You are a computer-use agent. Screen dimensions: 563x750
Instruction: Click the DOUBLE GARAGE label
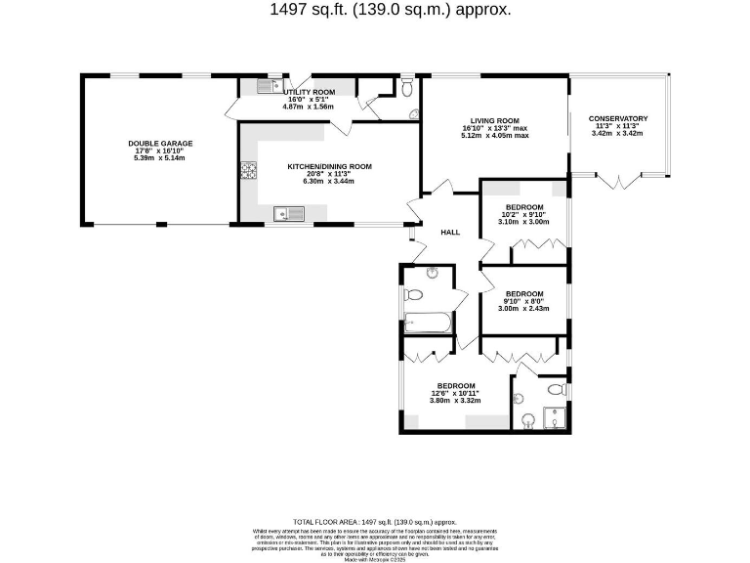pos(160,144)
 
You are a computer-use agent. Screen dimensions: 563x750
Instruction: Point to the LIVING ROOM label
pos(496,120)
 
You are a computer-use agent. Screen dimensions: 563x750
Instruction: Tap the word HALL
pos(450,233)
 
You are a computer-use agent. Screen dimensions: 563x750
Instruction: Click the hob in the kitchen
pos(247,171)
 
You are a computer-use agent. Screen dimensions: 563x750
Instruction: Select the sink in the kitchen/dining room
pos(290,212)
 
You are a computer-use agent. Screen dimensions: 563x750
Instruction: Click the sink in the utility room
pos(269,87)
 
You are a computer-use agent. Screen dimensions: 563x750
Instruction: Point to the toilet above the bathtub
pos(414,294)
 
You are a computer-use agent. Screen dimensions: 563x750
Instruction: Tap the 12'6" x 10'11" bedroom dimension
pos(456,393)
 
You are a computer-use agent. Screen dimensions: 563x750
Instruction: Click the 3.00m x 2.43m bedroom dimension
pos(523,308)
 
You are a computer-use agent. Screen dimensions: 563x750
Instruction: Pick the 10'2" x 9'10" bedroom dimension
pos(523,215)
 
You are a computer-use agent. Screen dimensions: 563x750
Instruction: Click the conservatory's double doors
pos(619,181)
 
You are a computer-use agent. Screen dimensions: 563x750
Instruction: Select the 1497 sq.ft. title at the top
pos(390,10)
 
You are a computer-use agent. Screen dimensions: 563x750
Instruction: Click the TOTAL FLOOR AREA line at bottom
pos(375,522)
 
